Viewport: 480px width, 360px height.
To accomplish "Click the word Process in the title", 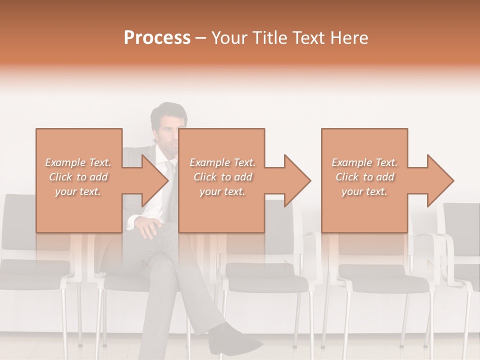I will pyautogui.click(x=157, y=38).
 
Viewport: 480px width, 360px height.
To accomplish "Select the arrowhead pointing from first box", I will pyautogui.click(x=152, y=180).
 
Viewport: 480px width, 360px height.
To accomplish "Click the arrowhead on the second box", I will pyautogui.click(x=295, y=180).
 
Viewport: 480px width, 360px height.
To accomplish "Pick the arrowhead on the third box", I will pyautogui.click(x=438, y=180).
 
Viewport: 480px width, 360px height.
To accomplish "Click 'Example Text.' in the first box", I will pyautogui.click(x=78, y=162).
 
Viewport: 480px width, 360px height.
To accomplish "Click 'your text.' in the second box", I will pyautogui.click(x=222, y=191).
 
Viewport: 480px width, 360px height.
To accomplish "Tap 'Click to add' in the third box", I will pyautogui.click(x=365, y=177).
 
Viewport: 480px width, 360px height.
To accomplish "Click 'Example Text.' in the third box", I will pyautogui.click(x=365, y=162).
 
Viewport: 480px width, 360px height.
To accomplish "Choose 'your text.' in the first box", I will pyautogui.click(x=78, y=191).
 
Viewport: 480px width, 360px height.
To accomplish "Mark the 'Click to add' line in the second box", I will pyautogui.click(x=222, y=177).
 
